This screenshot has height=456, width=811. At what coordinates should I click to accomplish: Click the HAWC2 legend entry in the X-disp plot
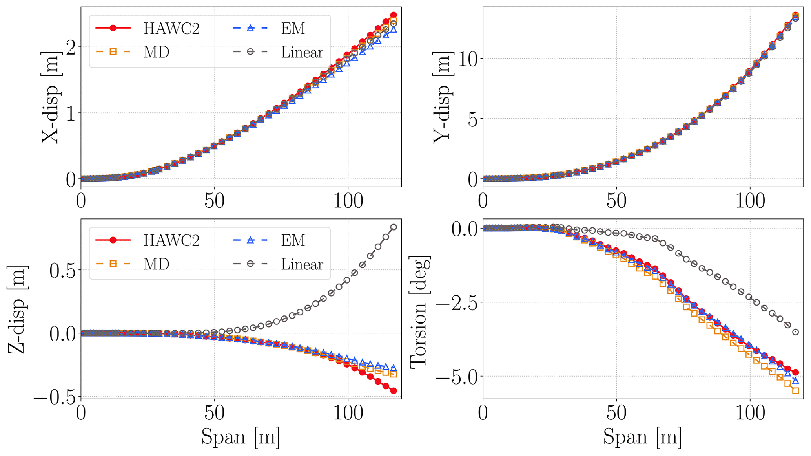pyautogui.click(x=171, y=28)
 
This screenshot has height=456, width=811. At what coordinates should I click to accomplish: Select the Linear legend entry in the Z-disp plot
pyautogui.click(x=302, y=264)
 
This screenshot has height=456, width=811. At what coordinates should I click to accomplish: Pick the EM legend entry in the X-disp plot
pyautogui.click(x=293, y=28)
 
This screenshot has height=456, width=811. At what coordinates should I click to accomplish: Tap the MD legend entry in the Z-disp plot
pyautogui.click(x=156, y=264)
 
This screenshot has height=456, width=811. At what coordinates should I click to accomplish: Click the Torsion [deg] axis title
pyautogui.click(x=419, y=312)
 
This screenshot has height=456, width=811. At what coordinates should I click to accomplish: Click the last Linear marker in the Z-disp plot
pyautogui.click(x=394, y=227)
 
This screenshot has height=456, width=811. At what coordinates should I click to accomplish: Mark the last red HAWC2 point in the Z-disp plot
pyautogui.click(x=394, y=391)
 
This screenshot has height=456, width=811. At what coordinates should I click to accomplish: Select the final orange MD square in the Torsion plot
pyautogui.click(x=796, y=391)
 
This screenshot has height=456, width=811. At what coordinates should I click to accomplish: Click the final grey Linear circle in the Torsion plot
pyautogui.click(x=796, y=332)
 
